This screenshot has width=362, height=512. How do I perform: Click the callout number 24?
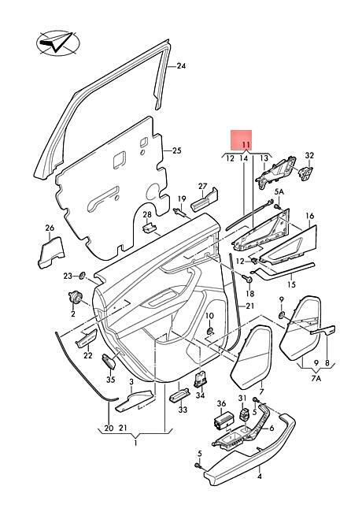[x=181, y=66]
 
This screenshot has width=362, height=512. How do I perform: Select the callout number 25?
[x=176, y=151]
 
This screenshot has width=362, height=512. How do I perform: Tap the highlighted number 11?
[x=246, y=145]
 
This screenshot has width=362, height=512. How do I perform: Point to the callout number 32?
[x=309, y=155]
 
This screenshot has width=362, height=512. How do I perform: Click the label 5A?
[x=279, y=192]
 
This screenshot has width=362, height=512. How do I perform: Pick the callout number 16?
[x=310, y=216]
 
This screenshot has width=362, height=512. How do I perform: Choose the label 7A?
[x=316, y=379]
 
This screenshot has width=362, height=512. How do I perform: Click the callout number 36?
[x=221, y=403]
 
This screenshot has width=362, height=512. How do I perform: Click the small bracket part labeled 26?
[x=51, y=253]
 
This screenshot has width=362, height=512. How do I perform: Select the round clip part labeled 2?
[x=76, y=296]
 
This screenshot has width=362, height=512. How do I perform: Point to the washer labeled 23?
[x=82, y=276]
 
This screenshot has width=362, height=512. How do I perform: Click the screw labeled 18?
[x=248, y=279]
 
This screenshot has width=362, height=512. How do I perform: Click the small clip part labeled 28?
[x=149, y=228]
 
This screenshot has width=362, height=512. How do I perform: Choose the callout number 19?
[x=182, y=198]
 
